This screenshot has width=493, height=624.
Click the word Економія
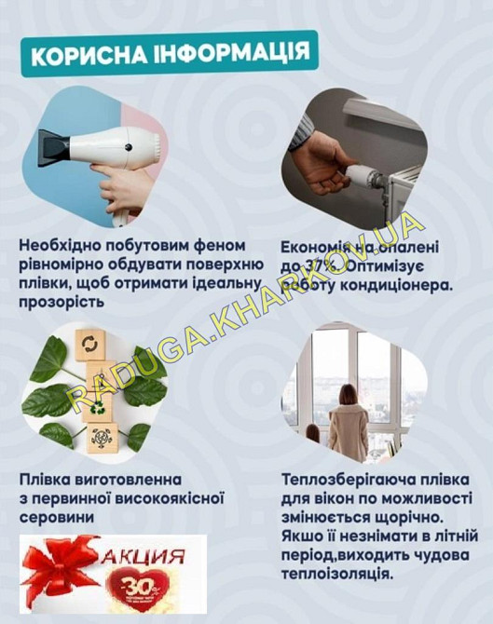(317, 249)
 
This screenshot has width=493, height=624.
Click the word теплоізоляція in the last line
(336, 573)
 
